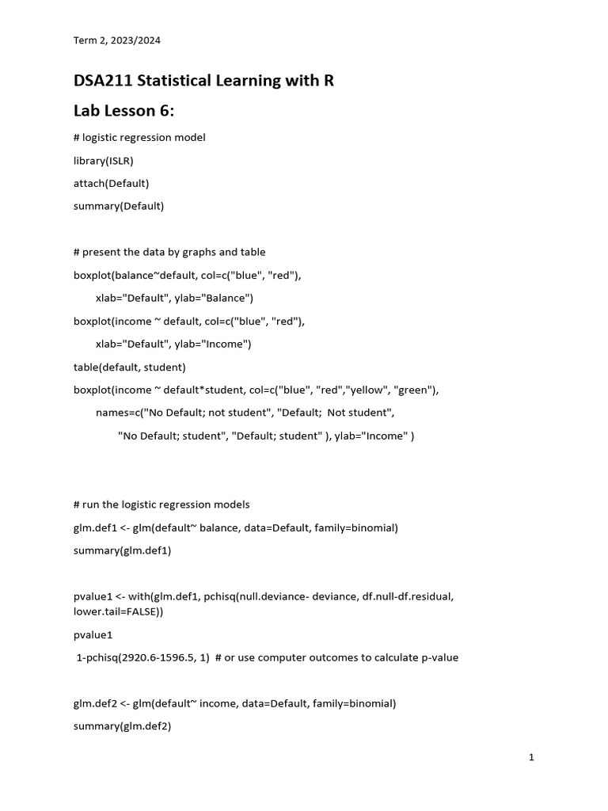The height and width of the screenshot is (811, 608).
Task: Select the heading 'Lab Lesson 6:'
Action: tap(123, 110)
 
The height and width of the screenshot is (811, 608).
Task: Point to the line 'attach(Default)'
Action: tap(111, 183)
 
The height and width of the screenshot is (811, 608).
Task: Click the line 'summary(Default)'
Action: tap(118, 206)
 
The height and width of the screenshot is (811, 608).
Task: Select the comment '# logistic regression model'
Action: tap(139, 137)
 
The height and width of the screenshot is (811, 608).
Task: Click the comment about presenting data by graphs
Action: tap(169, 252)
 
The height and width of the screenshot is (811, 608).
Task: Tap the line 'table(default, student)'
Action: tap(129, 367)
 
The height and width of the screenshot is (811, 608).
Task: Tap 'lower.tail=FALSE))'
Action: tap(120, 611)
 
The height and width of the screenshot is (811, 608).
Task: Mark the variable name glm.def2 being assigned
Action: tap(96, 703)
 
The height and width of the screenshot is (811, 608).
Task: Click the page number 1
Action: tap(532, 758)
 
